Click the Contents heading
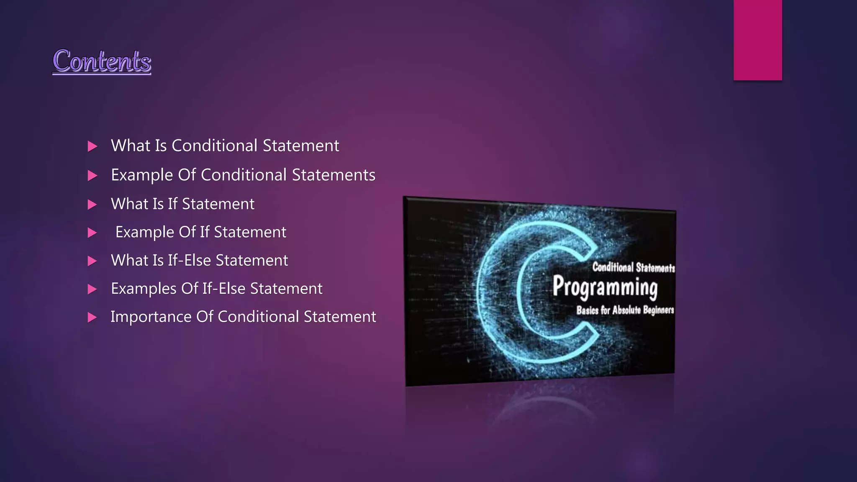point(102,61)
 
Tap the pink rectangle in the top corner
point(757,40)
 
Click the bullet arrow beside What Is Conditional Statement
point(92,146)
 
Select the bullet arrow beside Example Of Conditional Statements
point(92,176)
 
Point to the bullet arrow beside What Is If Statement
point(92,205)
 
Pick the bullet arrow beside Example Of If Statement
point(92,233)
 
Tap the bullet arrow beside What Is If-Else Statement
point(92,262)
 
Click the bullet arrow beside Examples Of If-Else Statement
point(92,290)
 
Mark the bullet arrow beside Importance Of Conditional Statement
point(92,318)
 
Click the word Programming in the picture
point(605,287)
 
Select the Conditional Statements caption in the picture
point(633,267)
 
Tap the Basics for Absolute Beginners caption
point(625,310)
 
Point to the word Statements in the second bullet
point(334,175)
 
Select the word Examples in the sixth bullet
point(144,289)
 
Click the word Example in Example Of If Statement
point(144,232)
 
